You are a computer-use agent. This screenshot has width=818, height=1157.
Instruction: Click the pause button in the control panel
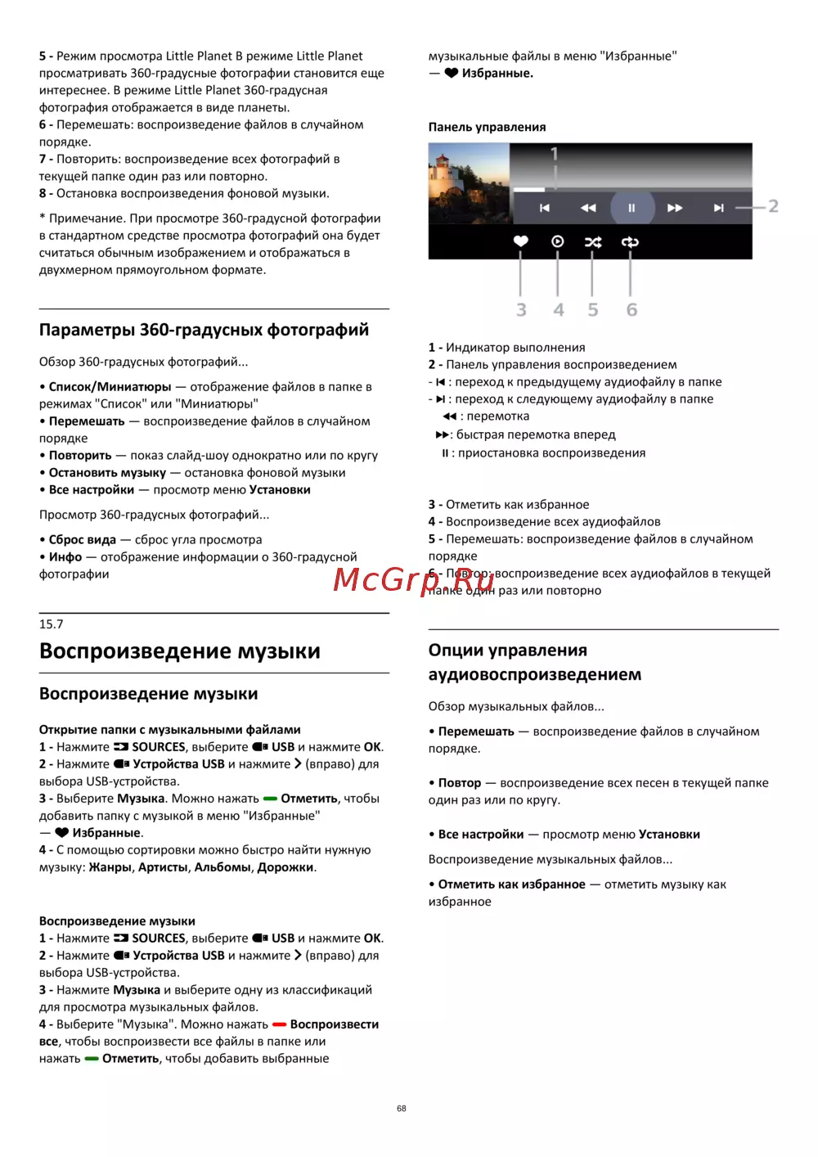click(x=631, y=208)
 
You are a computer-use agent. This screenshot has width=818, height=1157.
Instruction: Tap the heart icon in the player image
click(x=521, y=241)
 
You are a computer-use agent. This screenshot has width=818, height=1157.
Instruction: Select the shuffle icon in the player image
click(x=593, y=242)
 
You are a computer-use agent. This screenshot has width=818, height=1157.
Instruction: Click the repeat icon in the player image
click(x=630, y=242)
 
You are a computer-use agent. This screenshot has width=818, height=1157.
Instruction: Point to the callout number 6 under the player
click(x=631, y=310)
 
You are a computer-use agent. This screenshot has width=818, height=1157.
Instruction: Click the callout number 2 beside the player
click(x=773, y=206)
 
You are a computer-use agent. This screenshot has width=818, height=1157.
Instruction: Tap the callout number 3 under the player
click(x=521, y=310)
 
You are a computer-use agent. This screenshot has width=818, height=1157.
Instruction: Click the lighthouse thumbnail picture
click(x=469, y=183)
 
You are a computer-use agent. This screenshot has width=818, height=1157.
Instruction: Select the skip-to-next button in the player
click(x=718, y=208)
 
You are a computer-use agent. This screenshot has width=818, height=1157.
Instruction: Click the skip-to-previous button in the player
click(x=545, y=208)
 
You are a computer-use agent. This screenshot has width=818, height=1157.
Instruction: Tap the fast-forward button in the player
click(x=675, y=208)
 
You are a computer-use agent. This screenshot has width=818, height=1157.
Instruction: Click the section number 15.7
click(x=51, y=624)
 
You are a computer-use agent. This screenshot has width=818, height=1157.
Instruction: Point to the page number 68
click(x=402, y=1109)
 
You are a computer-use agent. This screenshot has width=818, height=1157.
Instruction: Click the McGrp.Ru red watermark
click(x=414, y=579)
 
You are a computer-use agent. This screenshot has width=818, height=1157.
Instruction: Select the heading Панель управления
click(x=487, y=127)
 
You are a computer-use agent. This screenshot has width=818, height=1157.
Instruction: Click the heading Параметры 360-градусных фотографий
click(x=204, y=330)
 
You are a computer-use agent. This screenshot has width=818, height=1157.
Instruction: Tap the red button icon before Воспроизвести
click(x=279, y=1024)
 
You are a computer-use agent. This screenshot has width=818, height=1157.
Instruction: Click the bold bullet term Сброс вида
click(x=82, y=540)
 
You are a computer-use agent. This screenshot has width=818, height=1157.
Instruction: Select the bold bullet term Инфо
click(x=65, y=557)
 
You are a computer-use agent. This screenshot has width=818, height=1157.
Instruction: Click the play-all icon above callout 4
click(x=558, y=241)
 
